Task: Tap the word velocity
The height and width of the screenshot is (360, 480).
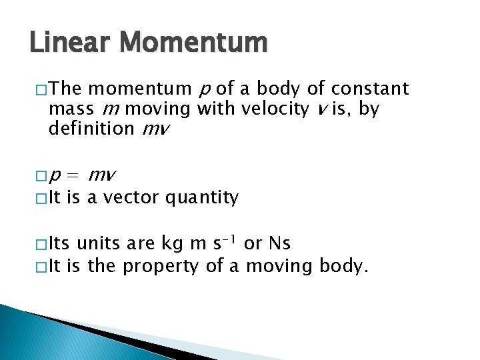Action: coord(274,109)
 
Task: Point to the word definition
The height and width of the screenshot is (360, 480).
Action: coord(91,129)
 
